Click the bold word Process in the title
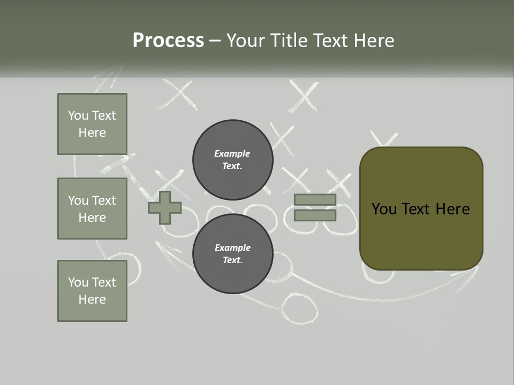(x=168, y=40)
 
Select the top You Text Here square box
(x=92, y=124)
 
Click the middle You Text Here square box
(x=92, y=209)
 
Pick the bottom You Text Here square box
(x=92, y=291)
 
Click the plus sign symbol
(x=165, y=207)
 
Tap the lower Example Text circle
(x=233, y=254)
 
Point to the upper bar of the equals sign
(x=315, y=199)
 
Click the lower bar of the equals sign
(x=315, y=215)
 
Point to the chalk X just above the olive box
(x=384, y=140)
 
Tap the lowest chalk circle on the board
(x=299, y=309)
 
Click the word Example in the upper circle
(x=232, y=153)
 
